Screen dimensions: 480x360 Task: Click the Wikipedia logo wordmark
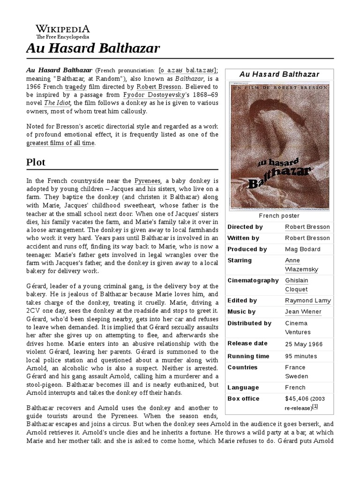[63, 28]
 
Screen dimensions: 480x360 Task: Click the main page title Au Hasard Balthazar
[93, 48]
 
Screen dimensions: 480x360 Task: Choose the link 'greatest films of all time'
[60, 143]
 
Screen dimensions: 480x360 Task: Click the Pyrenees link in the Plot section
[148, 180]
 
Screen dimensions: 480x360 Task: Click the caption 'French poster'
[279, 216]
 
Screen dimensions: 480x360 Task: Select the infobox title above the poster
[279, 74]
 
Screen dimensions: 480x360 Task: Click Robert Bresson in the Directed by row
[307, 227]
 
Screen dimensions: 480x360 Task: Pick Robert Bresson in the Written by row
[307, 238]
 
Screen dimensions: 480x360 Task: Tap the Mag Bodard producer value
[303, 249]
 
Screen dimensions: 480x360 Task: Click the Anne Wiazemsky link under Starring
[300, 265]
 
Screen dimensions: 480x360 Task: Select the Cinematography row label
[253, 280]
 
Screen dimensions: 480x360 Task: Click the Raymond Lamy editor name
[308, 300]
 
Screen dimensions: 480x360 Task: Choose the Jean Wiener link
[303, 312]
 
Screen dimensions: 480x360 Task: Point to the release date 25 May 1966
[304, 344]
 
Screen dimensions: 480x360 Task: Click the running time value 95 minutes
[301, 356]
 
